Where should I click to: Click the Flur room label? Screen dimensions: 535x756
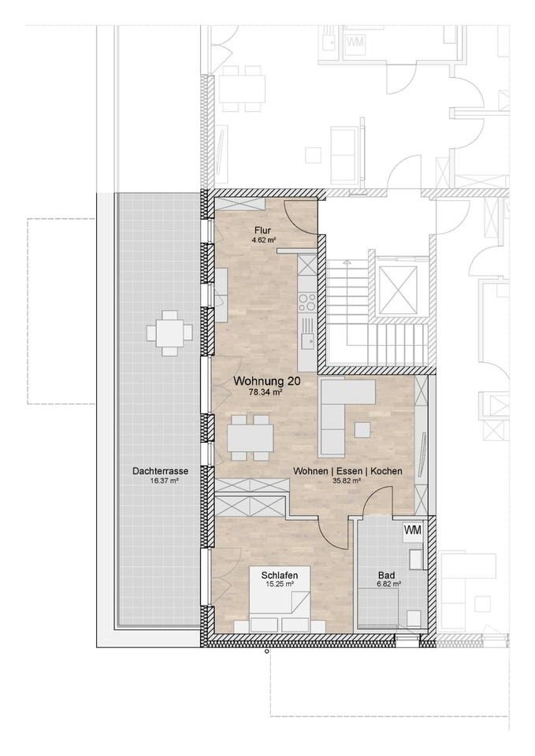[x=263, y=230]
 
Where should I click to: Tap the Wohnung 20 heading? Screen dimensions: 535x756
[x=267, y=381]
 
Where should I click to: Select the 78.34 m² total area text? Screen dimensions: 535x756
[x=265, y=392]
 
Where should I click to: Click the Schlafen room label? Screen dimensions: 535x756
[x=280, y=575]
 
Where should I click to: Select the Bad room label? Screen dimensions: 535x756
[x=386, y=575]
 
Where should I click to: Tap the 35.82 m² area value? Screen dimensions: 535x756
[x=347, y=480]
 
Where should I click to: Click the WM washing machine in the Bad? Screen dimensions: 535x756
[x=413, y=530]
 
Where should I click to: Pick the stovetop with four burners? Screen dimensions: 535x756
[x=307, y=302]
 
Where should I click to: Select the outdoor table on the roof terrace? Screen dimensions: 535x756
[x=169, y=333]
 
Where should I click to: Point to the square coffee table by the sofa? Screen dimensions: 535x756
[x=362, y=430]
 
